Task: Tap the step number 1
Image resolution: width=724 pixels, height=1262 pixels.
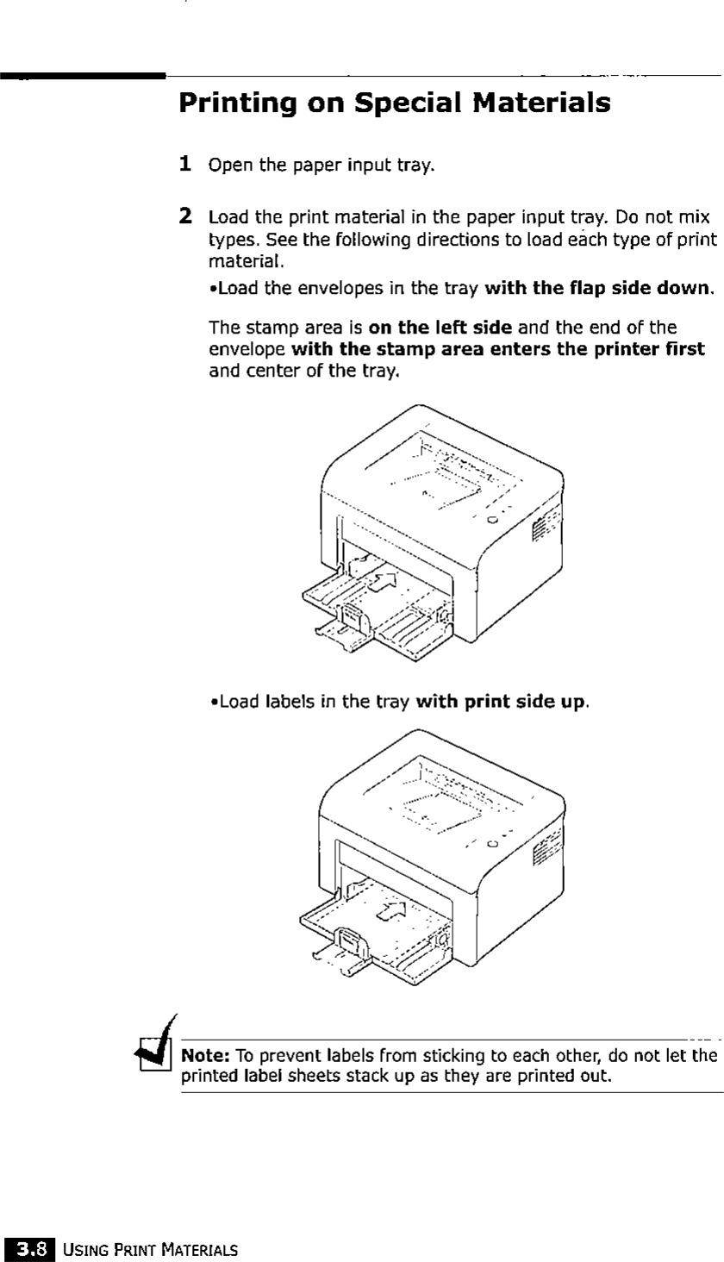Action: pos(184,163)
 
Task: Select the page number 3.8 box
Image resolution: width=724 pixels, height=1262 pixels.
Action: pos(30,1246)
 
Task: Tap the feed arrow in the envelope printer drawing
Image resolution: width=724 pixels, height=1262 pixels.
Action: pos(384,580)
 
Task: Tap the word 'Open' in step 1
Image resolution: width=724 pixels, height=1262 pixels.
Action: pos(228,164)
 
